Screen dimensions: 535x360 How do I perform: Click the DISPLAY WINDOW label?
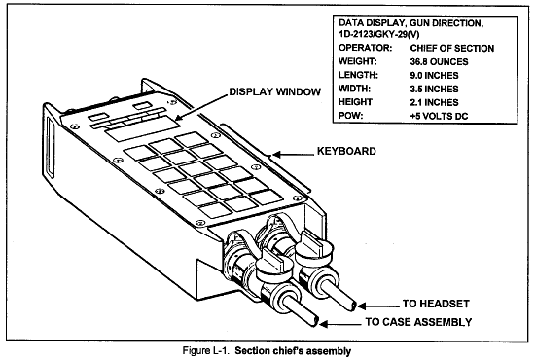pyautogui.click(x=274, y=91)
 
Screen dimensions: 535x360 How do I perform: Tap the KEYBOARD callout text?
pyautogui.click(x=346, y=151)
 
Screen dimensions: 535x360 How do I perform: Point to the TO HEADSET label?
pyautogui.click(x=436, y=304)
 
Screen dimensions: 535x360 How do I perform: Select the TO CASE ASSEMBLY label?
pyautogui.click(x=418, y=322)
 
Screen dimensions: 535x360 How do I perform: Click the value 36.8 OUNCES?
pyautogui.click(x=439, y=61)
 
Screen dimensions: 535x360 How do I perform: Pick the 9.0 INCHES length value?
pyautogui.click(x=435, y=75)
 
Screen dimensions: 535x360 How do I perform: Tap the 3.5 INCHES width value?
pyautogui.click(x=435, y=89)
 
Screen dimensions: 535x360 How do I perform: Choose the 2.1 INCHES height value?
pyautogui.click(x=435, y=102)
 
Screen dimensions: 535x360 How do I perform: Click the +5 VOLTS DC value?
pyautogui.click(x=439, y=116)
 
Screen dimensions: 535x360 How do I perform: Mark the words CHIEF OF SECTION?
pyautogui.click(x=452, y=48)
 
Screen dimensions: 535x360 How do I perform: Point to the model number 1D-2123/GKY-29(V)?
pyautogui.click(x=379, y=34)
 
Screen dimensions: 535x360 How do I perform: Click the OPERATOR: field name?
pyautogui.click(x=366, y=48)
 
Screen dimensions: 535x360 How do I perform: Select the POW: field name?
pyautogui.click(x=351, y=116)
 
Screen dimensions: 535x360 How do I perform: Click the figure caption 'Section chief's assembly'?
pyautogui.click(x=293, y=350)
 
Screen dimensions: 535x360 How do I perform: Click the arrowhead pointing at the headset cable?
pyautogui.click(x=361, y=306)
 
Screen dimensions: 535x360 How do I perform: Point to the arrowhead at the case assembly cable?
pyautogui.click(x=324, y=323)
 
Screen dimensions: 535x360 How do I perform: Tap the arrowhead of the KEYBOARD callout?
pyautogui.click(x=276, y=155)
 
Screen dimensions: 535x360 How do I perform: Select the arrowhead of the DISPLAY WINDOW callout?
pyautogui.click(x=178, y=117)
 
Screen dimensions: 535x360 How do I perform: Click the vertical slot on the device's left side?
pyautogui.click(x=51, y=148)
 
